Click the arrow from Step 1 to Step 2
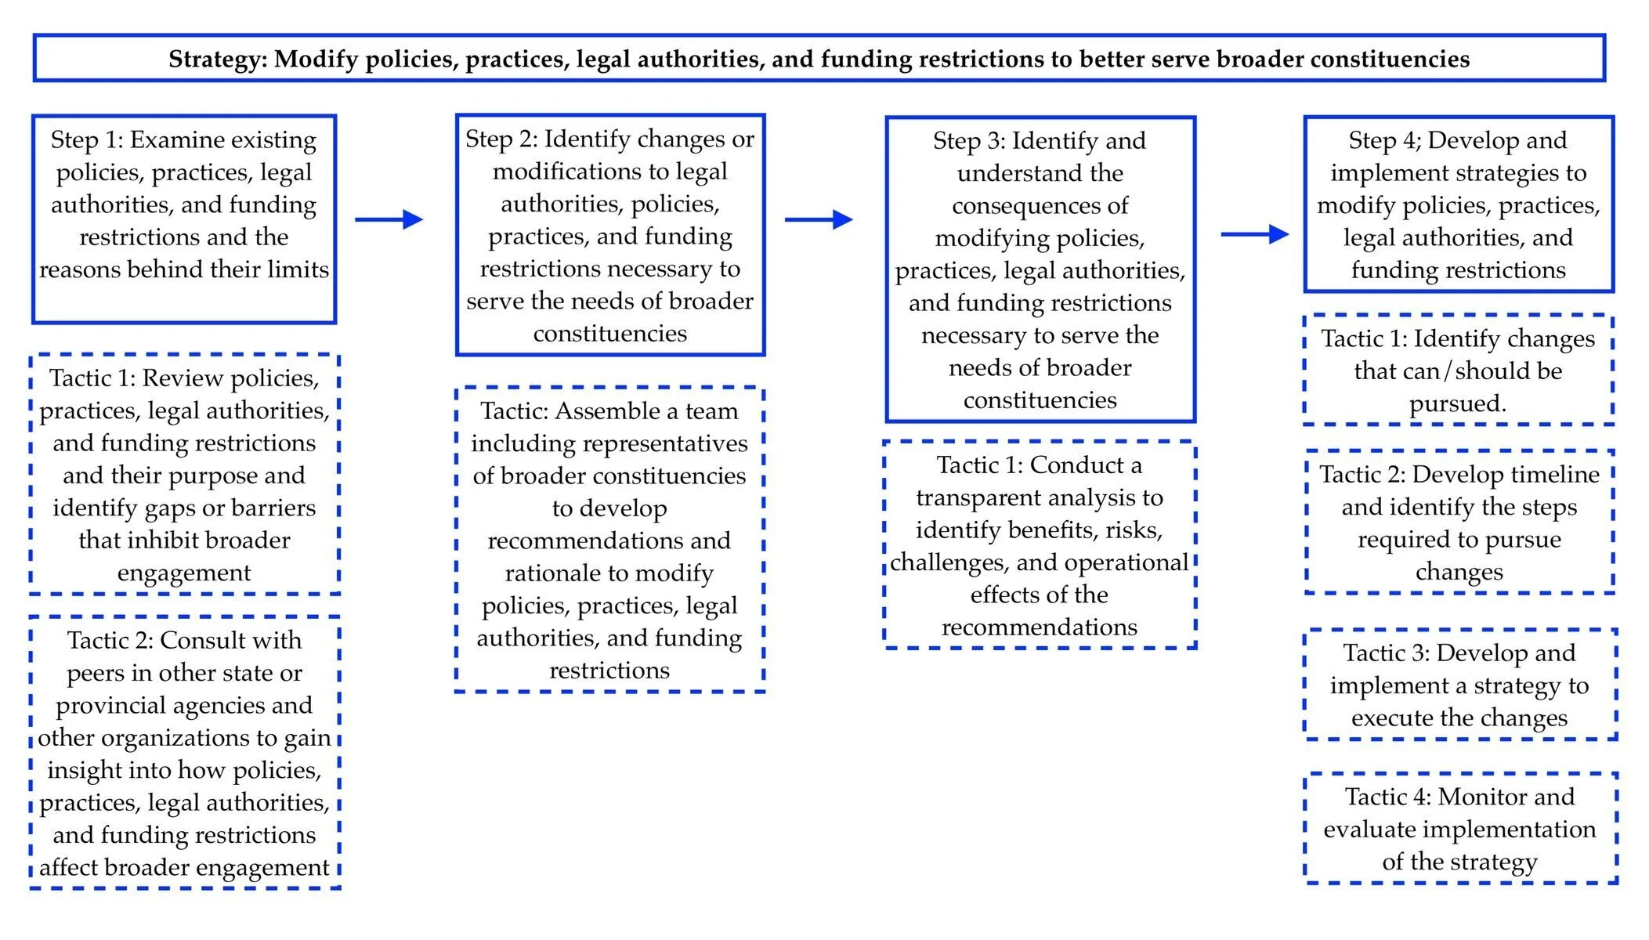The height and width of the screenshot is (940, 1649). pyautogui.click(x=389, y=219)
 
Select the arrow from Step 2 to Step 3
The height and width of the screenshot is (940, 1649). pyautogui.click(x=819, y=219)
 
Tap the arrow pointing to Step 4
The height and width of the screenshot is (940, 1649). pyautogui.click(x=1255, y=233)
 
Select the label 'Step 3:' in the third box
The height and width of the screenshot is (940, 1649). pyautogui.click(x=969, y=140)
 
